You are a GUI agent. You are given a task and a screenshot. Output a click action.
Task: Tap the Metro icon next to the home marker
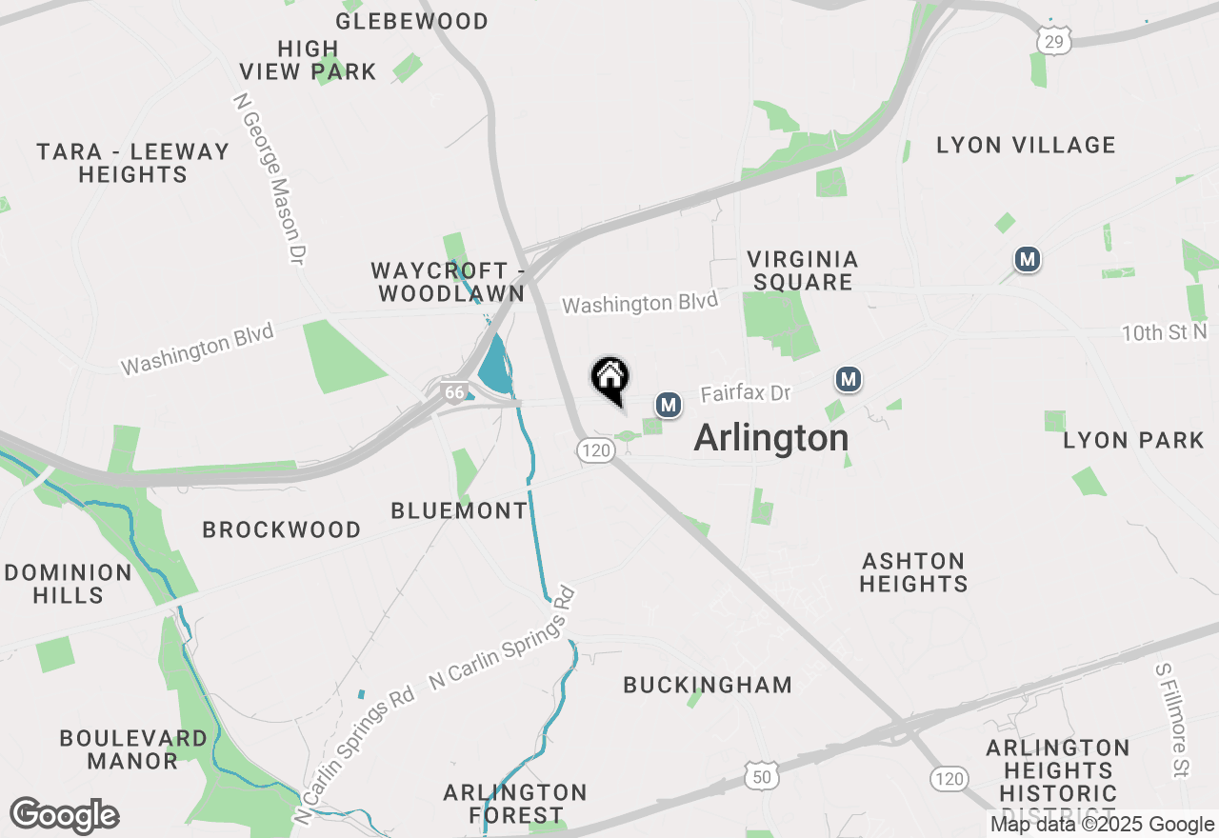pyautogui.click(x=669, y=405)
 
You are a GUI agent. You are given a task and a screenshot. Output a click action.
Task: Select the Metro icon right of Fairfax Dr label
pyautogui.click(x=849, y=380)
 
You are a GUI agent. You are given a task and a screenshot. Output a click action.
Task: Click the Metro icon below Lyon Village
pyautogui.click(x=1027, y=259)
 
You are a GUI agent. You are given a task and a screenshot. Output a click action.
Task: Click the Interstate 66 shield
pyautogui.click(x=454, y=391)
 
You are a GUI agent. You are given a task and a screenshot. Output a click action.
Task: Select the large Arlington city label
pyautogui.click(x=771, y=438)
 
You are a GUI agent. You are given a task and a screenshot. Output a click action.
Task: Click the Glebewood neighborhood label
pyautogui.click(x=412, y=21)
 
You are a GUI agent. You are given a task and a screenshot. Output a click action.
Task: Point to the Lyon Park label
pyautogui.click(x=1134, y=441)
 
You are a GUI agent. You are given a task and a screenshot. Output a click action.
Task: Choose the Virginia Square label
pyautogui.click(x=803, y=270)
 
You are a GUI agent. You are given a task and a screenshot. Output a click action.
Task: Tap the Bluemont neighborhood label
pyautogui.click(x=459, y=511)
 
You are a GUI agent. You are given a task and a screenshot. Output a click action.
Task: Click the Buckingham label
pyautogui.click(x=708, y=685)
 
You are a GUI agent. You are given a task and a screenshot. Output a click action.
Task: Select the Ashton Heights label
pyautogui.click(x=913, y=572)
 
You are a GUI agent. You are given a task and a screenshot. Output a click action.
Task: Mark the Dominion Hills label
pyautogui.click(x=69, y=584)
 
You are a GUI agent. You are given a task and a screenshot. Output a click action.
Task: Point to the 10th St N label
pyautogui.click(x=1164, y=332)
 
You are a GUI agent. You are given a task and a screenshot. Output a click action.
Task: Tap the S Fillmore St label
pyautogui.click(x=1173, y=720)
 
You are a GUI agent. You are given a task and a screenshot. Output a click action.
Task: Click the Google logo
pyautogui.click(x=65, y=816)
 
